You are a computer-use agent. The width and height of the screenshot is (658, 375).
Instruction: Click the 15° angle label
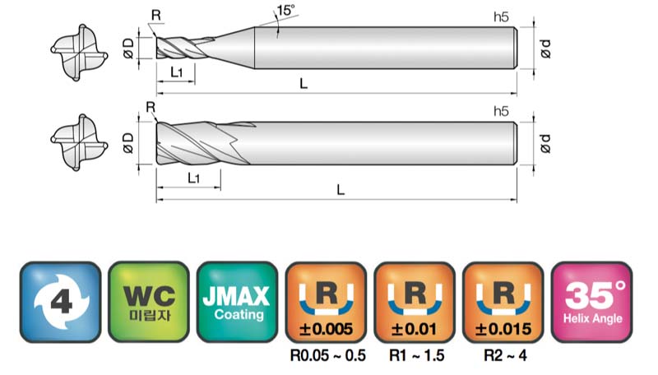[x=285, y=10]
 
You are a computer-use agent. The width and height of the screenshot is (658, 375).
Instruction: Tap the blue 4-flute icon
[x=60, y=302]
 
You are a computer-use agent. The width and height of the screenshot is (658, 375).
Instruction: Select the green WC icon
[x=149, y=302]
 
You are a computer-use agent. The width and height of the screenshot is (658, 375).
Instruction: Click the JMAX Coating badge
[x=237, y=302]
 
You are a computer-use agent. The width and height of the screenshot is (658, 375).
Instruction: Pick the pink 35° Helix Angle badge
[x=591, y=302]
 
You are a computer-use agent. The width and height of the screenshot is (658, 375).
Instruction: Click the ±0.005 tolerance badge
[x=326, y=302]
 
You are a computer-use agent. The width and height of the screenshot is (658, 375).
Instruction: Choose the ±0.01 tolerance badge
[x=415, y=302]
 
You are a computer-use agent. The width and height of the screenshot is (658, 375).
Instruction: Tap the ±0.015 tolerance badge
[x=503, y=302]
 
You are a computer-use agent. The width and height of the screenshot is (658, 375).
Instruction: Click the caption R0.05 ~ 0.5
[x=327, y=356]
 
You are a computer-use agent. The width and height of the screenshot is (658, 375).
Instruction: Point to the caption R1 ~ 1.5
[x=416, y=356]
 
